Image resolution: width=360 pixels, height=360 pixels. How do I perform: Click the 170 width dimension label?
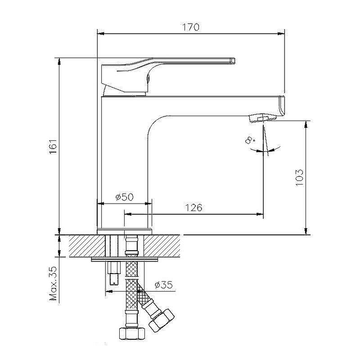191,27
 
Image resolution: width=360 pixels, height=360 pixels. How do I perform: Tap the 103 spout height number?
301,178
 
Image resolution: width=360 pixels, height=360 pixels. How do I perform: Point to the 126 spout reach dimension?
193,207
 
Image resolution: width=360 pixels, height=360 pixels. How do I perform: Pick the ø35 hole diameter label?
163,285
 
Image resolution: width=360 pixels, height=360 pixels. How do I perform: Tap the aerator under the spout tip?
261,118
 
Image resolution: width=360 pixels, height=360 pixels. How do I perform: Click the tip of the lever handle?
233,59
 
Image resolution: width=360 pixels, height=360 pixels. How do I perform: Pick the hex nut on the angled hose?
160,320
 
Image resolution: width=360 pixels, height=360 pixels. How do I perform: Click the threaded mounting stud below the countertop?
114,274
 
